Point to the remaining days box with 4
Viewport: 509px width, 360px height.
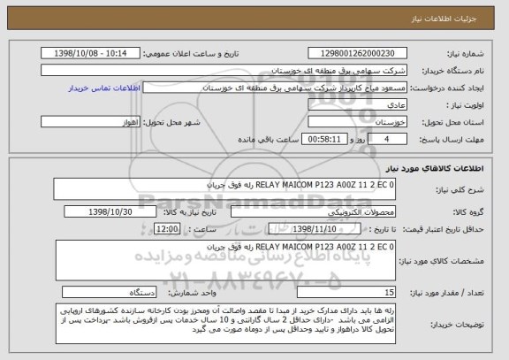click(379, 139)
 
